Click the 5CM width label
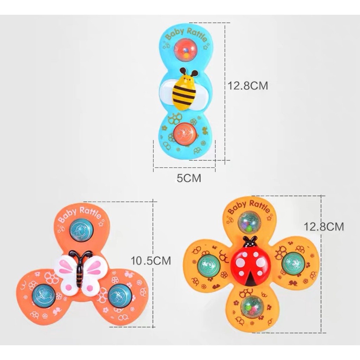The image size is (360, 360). point(189,178)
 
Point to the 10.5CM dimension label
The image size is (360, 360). point(151,261)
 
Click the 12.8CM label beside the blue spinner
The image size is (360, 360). point(248,85)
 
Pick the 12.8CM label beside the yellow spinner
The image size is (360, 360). point(324,226)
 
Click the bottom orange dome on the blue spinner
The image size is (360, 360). point(185,134)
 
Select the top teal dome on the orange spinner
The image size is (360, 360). point(81,230)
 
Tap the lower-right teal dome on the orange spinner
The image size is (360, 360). point(120,295)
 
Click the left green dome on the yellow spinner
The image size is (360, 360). point(208,265)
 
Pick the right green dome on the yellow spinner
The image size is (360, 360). point(293,263)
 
